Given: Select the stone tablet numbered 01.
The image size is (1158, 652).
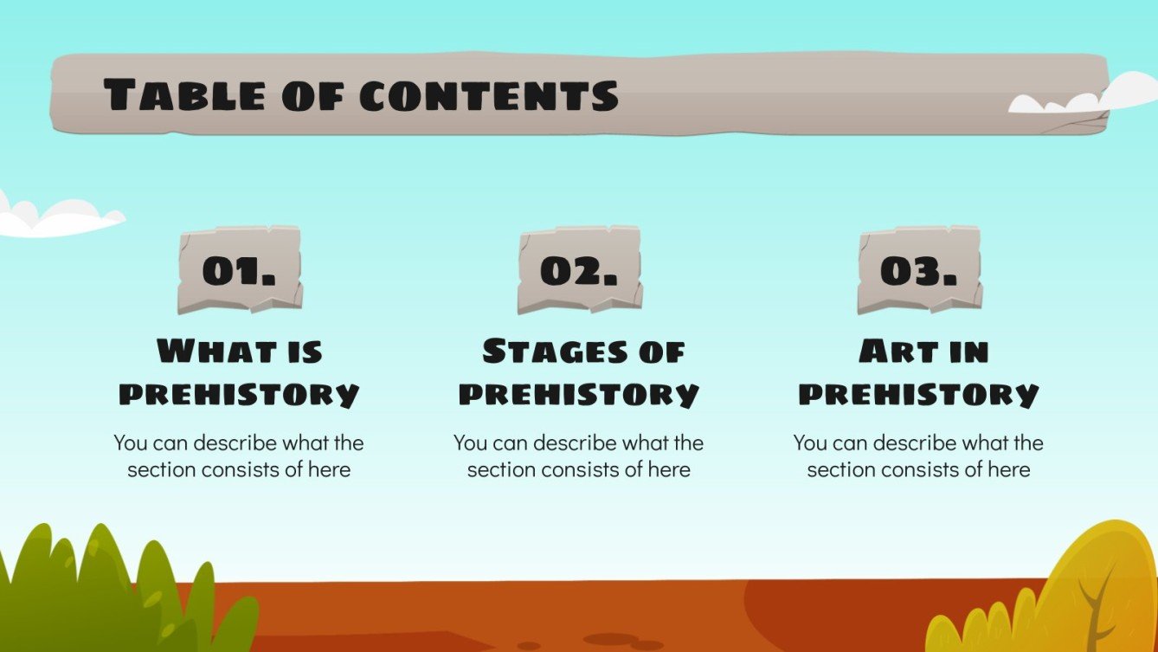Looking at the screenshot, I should (x=240, y=270).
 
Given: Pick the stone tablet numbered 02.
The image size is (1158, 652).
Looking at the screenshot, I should (x=579, y=270).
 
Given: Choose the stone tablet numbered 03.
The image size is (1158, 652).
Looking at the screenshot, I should (x=919, y=270).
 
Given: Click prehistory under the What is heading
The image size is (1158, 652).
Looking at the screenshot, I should (x=239, y=394).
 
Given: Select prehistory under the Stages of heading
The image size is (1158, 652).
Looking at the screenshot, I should (x=579, y=394).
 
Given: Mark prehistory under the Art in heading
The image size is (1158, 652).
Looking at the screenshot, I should (x=918, y=394).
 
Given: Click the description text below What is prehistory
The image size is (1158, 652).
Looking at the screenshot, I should (x=239, y=456).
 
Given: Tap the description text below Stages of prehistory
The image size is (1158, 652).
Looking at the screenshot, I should (x=579, y=456).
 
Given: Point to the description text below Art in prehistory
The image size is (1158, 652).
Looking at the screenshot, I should (x=918, y=456).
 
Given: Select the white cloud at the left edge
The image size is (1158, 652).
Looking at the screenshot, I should (x=52, y=218).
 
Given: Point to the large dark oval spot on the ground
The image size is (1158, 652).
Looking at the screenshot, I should (x=610, y=639).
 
